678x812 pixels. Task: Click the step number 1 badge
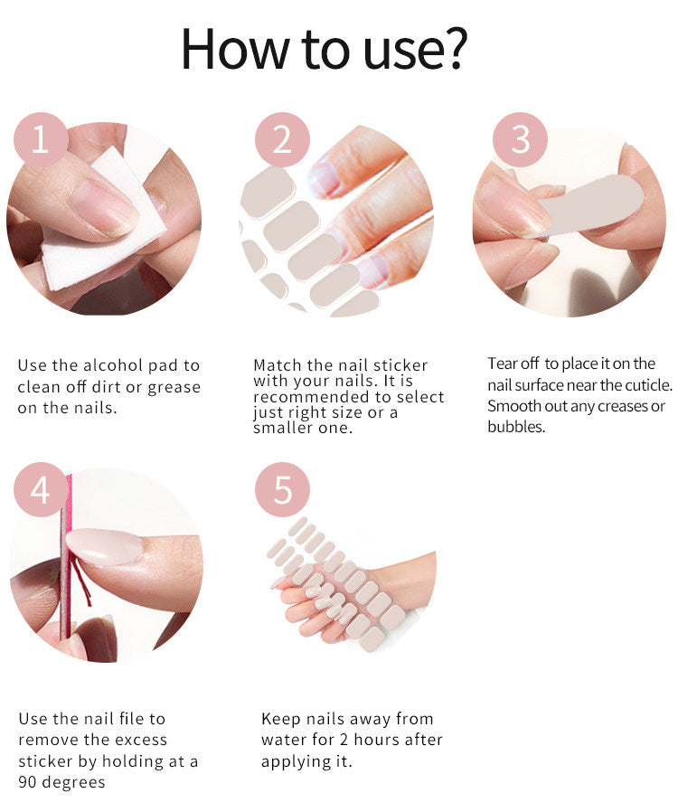pyautogui.click(x=41, y=140)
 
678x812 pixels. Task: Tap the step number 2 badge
pyautogui.click(x=282, y=140)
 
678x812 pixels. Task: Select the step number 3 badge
pyautogui.click(x=520, y=140)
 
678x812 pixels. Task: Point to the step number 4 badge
pyautogui.click(x=41, y=490)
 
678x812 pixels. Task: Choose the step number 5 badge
pyautogui.click(x=282, y=490)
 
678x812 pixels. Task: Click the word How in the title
pyautogui.click(x=234, y=49)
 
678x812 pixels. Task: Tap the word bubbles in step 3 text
pyautogui.click(x=516, y=427)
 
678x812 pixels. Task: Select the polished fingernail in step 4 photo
pyautogui.click(x=104, y=545)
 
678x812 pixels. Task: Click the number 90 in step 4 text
pyautogui.click(x=27, y=782)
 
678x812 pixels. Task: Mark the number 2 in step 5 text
pyautogui.click(x=344, y=740)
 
